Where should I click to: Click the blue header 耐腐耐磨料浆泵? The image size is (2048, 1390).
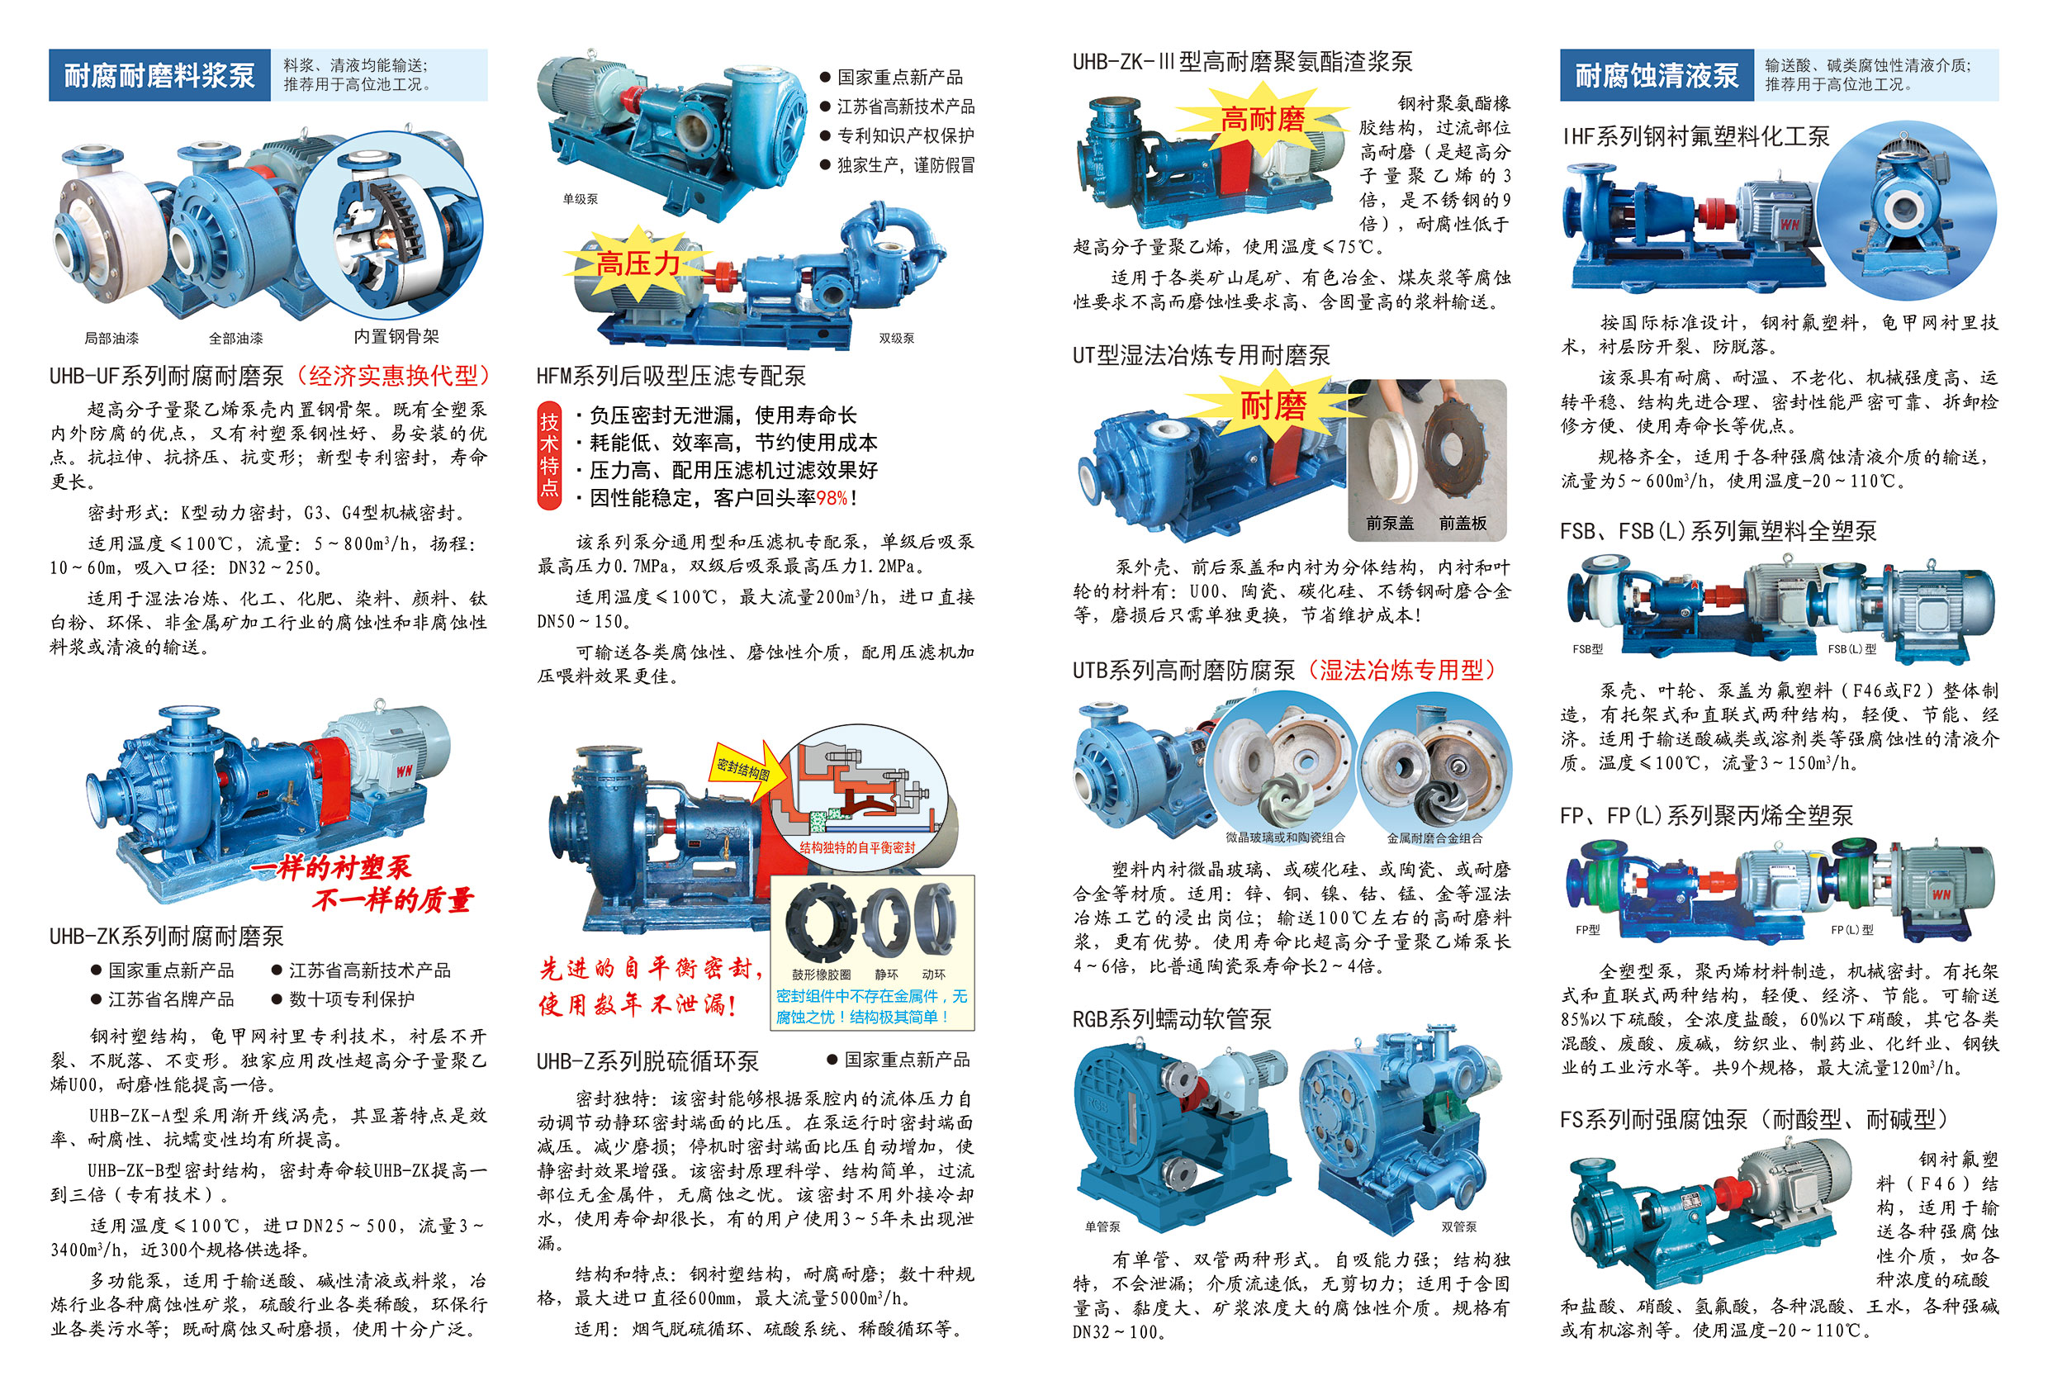[159, 75]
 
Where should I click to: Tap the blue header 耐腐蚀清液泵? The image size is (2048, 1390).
[1657, 75]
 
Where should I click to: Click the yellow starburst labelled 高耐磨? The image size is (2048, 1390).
[1262, 119]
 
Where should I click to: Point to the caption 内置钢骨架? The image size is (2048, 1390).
[396, 337]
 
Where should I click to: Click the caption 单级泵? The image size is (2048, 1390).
[580, 199]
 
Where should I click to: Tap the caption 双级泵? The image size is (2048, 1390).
[896, 339]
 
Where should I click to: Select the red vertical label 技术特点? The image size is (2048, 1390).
[549, 455]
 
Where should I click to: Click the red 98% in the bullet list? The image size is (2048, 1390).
[832, 498]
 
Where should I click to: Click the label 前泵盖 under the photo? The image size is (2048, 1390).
[1390, 524]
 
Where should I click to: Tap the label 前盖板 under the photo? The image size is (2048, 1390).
[1463, 524]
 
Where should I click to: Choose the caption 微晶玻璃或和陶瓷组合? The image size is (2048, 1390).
[1285, 838]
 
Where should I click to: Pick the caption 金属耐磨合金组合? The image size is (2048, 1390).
[1434, 838]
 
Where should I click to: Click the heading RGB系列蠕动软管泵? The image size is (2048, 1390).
[1172, 1020]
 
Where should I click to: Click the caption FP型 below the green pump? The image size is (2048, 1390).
[1588, 930]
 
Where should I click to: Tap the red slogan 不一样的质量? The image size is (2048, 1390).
[393, 900]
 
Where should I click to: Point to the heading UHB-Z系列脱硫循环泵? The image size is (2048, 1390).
[647, 1061]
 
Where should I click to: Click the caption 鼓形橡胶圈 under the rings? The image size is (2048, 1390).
[822, 975]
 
